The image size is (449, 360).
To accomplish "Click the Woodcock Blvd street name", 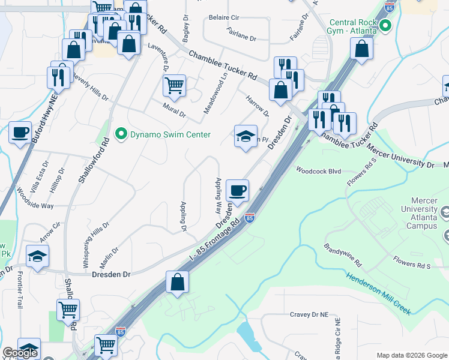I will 318,171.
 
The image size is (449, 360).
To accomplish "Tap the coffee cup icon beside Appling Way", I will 237,191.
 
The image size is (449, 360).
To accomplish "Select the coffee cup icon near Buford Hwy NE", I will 20,132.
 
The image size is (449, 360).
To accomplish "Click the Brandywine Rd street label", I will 343,255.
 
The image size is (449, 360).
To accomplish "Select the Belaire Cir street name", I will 224,18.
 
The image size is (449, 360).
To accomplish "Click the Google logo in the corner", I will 20,353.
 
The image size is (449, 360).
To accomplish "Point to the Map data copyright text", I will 411,355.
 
